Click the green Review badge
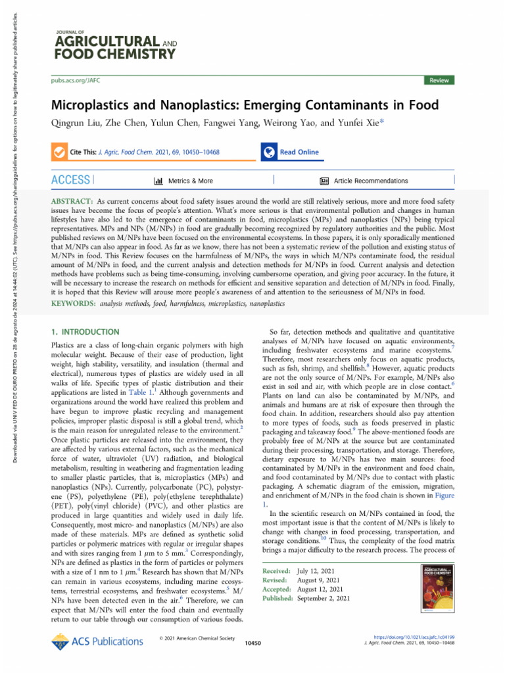point(439,80)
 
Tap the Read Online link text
point(299,152)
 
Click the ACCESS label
point(70,180)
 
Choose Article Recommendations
point(370,181)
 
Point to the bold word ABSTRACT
point(71,198)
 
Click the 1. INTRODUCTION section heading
point(85,333)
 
